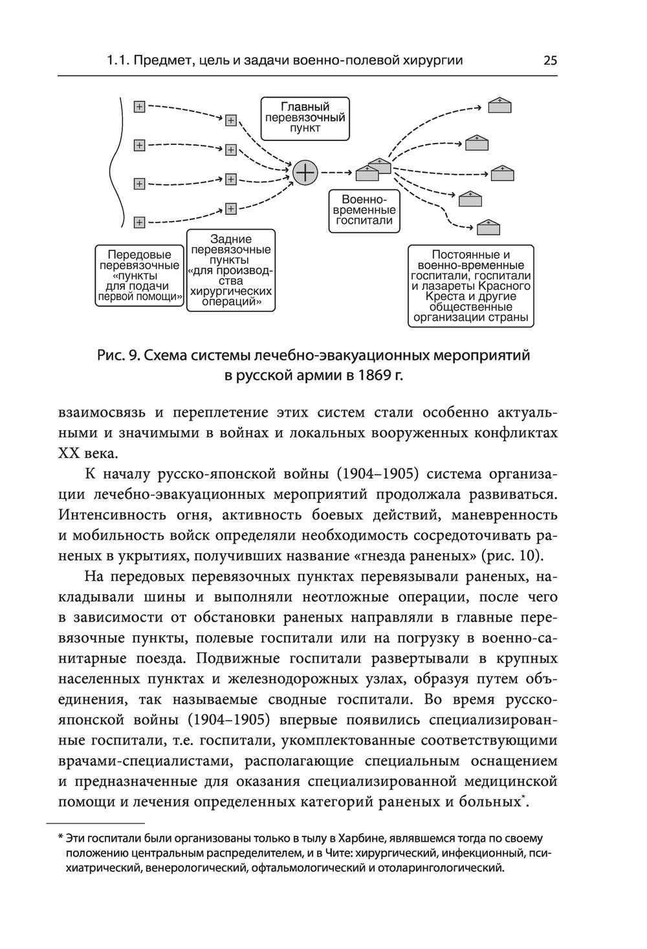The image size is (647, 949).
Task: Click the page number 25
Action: tap(550, 61)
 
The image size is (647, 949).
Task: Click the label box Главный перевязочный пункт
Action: tap(305, 118)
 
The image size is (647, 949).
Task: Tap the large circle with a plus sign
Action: tap(305, 172)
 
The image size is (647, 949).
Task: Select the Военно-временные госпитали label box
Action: tap(365, 210)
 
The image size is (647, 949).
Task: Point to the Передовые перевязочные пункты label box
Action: tap(139, 276)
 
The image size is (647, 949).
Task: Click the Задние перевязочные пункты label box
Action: tap(231, 270)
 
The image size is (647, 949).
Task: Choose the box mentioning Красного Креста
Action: tap(470, 285)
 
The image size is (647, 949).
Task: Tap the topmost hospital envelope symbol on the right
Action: tap(499, 105)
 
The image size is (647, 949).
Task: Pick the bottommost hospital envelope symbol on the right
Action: tap(488, 226)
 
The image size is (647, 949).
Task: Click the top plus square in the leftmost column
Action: tap(139, 107)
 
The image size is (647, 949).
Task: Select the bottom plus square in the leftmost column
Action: tap(139, 222)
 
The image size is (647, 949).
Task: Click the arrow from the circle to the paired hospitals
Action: tap(336, 172)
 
